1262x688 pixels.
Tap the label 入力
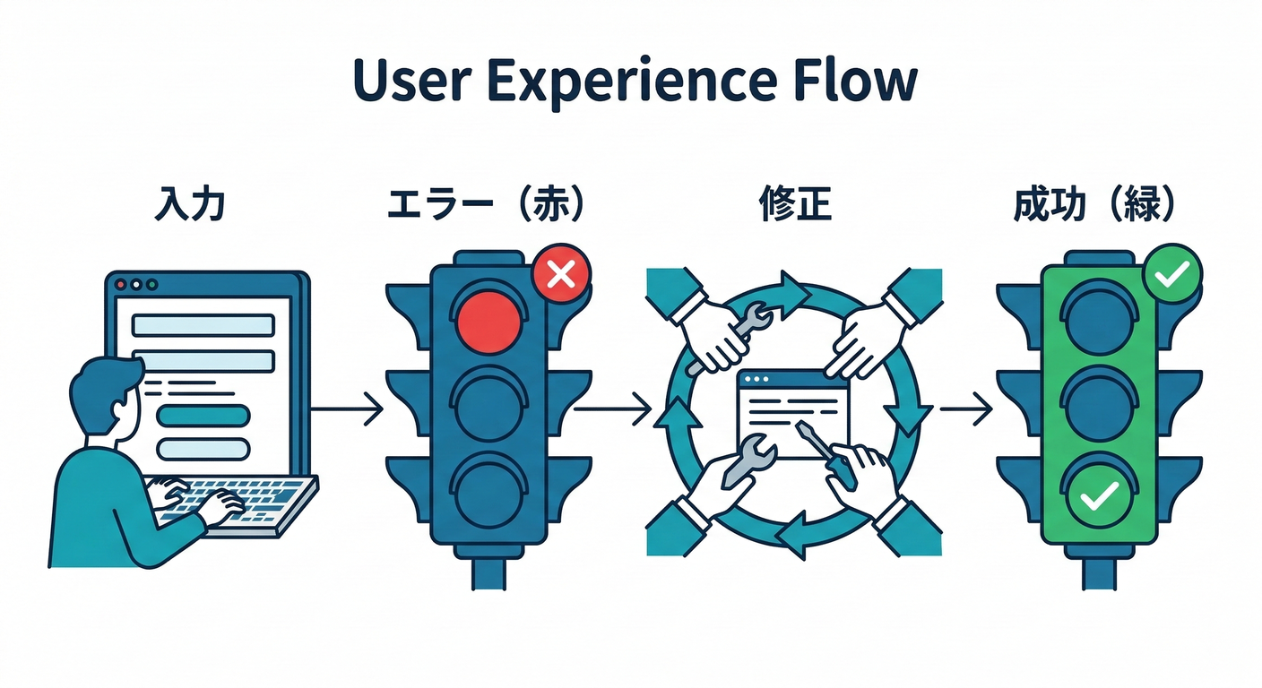pos(190,205)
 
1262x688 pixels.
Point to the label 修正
pos(794,205)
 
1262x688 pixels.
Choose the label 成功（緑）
pos(1095,205)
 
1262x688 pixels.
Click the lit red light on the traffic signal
pos(488,318)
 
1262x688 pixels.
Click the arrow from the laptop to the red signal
pos(347,409)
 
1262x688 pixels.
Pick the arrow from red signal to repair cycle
pos(612,410)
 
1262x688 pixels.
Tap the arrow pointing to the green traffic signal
pos(965,410)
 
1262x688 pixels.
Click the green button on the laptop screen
pos(203,415)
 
